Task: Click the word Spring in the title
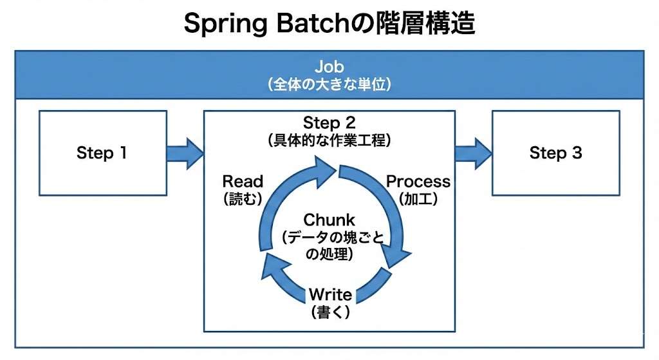coord(219,23)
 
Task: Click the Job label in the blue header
coord(329,66)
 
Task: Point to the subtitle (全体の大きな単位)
coord(329,84)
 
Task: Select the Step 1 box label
coord(102,153)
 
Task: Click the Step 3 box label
coord(555,153)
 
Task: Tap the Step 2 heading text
coord(329,122)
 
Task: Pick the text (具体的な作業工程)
coord(329,139)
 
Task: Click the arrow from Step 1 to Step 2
coord(185,153)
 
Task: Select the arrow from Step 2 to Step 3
coord(474,153)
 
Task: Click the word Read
coord(243,182)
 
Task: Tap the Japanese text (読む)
coord(243,200)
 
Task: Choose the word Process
coord(418,182)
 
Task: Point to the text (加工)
coord(418,200)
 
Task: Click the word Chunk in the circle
coord(329,220)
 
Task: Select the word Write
coord(329,295)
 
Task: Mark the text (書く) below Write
coord(329,312)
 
